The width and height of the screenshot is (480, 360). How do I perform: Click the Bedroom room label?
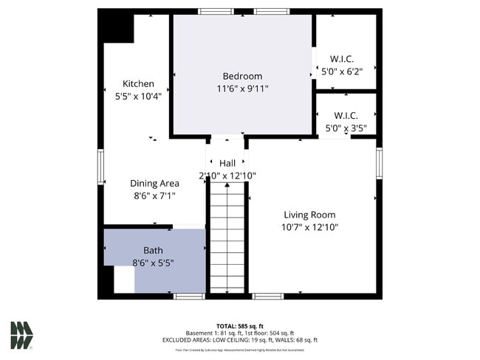coord(242,76)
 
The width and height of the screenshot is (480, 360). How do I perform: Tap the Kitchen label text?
coord(138,83)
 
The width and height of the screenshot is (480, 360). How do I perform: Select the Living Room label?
coord(309,215)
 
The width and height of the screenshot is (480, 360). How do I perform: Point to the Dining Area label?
coord(154,184)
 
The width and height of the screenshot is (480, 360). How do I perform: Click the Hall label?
coord(227,163)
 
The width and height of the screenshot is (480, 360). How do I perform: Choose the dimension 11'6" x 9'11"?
coord(242,89)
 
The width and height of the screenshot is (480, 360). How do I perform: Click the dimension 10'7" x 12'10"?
coord(310,227)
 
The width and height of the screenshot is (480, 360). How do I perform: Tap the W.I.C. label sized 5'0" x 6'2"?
coord(342,59)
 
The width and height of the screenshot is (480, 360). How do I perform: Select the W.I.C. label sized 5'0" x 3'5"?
coord(346,115)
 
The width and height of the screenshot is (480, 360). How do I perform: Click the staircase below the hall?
coord(227,236)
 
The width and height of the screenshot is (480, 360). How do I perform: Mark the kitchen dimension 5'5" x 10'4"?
coord(138,96)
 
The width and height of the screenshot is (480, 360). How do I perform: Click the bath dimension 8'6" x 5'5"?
coord(154,263)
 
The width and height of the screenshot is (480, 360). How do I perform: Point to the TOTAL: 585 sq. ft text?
coord(240,326)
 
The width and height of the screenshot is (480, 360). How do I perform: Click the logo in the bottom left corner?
coord(21,335)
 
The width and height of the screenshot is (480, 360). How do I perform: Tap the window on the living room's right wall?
coord(379,164)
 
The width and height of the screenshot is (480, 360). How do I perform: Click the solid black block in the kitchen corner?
coord(117,28)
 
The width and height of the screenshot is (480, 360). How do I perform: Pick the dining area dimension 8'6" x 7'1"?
coord(154,196)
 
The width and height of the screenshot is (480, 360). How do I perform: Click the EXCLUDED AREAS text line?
coord(240,340)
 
